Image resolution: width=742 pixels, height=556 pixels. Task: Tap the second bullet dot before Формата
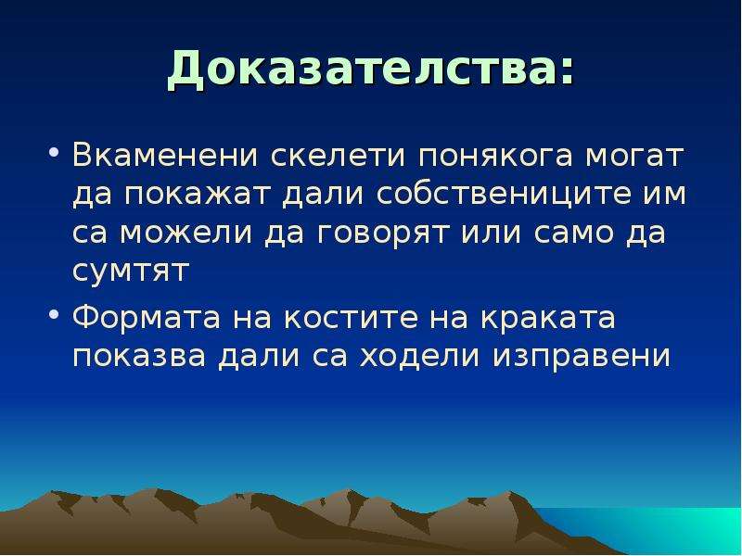pos(54,313)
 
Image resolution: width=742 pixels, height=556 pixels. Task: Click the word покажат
pos(197,194)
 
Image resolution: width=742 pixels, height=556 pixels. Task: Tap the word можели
pos(186,234)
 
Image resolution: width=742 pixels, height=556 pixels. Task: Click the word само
pos(573,234)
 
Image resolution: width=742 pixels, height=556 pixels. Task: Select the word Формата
pos(147,318)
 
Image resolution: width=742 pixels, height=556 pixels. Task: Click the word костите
pos(352,318)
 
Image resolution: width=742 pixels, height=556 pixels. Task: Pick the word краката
pos(548,318)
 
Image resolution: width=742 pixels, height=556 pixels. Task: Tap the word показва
pos(139,356)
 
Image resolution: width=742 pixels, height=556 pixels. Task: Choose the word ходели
pos(420,356)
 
